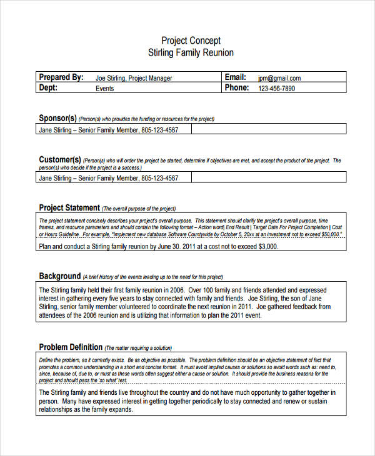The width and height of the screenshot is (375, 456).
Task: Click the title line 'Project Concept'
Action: (x=191, y=41)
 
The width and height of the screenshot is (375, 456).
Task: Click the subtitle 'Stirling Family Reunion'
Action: (x=191, y=52)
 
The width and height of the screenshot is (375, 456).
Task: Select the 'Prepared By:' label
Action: (x=61, y=77)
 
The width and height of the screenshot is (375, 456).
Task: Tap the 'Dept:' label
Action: (x=48, y=88)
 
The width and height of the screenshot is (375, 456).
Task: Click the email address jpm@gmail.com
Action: (x=279, y=78)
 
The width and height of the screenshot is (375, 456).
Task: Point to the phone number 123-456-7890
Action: (x=277, y=89)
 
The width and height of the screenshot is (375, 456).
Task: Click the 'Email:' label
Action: (x=236, y=77)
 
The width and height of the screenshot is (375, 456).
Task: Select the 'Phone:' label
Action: (x=237, y=88)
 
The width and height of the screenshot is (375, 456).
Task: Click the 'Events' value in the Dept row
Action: (x=104, y=89)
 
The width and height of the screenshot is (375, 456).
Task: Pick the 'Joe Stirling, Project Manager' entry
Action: (x=134, y=78)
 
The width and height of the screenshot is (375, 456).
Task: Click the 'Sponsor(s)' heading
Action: (x=57, y=118)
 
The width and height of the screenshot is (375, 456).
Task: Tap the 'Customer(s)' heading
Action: (x=60, y=160)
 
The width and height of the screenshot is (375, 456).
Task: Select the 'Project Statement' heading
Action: (x=69, y=208)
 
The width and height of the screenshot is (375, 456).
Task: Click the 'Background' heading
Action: (x=60, y=276)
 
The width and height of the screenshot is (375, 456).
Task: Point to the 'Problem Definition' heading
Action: (x=71, y=347)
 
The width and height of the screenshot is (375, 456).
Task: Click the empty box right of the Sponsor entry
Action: (x=268, y=130)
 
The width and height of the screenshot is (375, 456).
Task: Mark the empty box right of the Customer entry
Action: (x=268, y=178)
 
